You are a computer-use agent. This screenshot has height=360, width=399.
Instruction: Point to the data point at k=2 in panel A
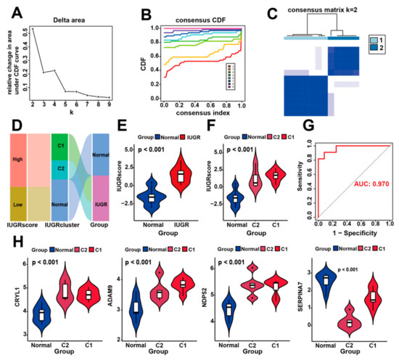pos(33,28)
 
